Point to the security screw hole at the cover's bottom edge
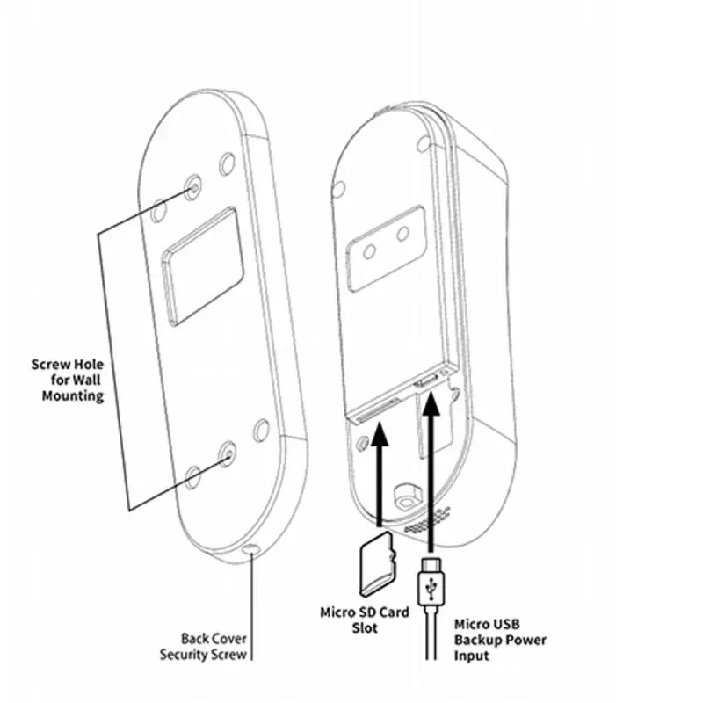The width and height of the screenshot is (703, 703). point(253,549)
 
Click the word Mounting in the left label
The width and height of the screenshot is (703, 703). point(76,395)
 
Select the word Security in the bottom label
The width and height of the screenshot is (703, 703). point(189,654)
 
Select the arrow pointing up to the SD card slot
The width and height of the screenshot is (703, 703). point(380,475)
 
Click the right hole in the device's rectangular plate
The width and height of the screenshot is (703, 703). point(404,234)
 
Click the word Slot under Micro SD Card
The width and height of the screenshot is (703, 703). point(364,627)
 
